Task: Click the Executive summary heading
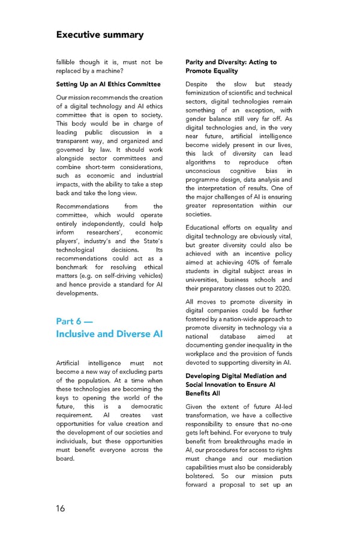100,34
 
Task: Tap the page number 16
61,509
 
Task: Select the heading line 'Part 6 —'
76,320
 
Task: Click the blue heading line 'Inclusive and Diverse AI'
109,334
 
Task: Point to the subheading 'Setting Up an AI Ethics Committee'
109,84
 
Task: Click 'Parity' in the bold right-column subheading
197,62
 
